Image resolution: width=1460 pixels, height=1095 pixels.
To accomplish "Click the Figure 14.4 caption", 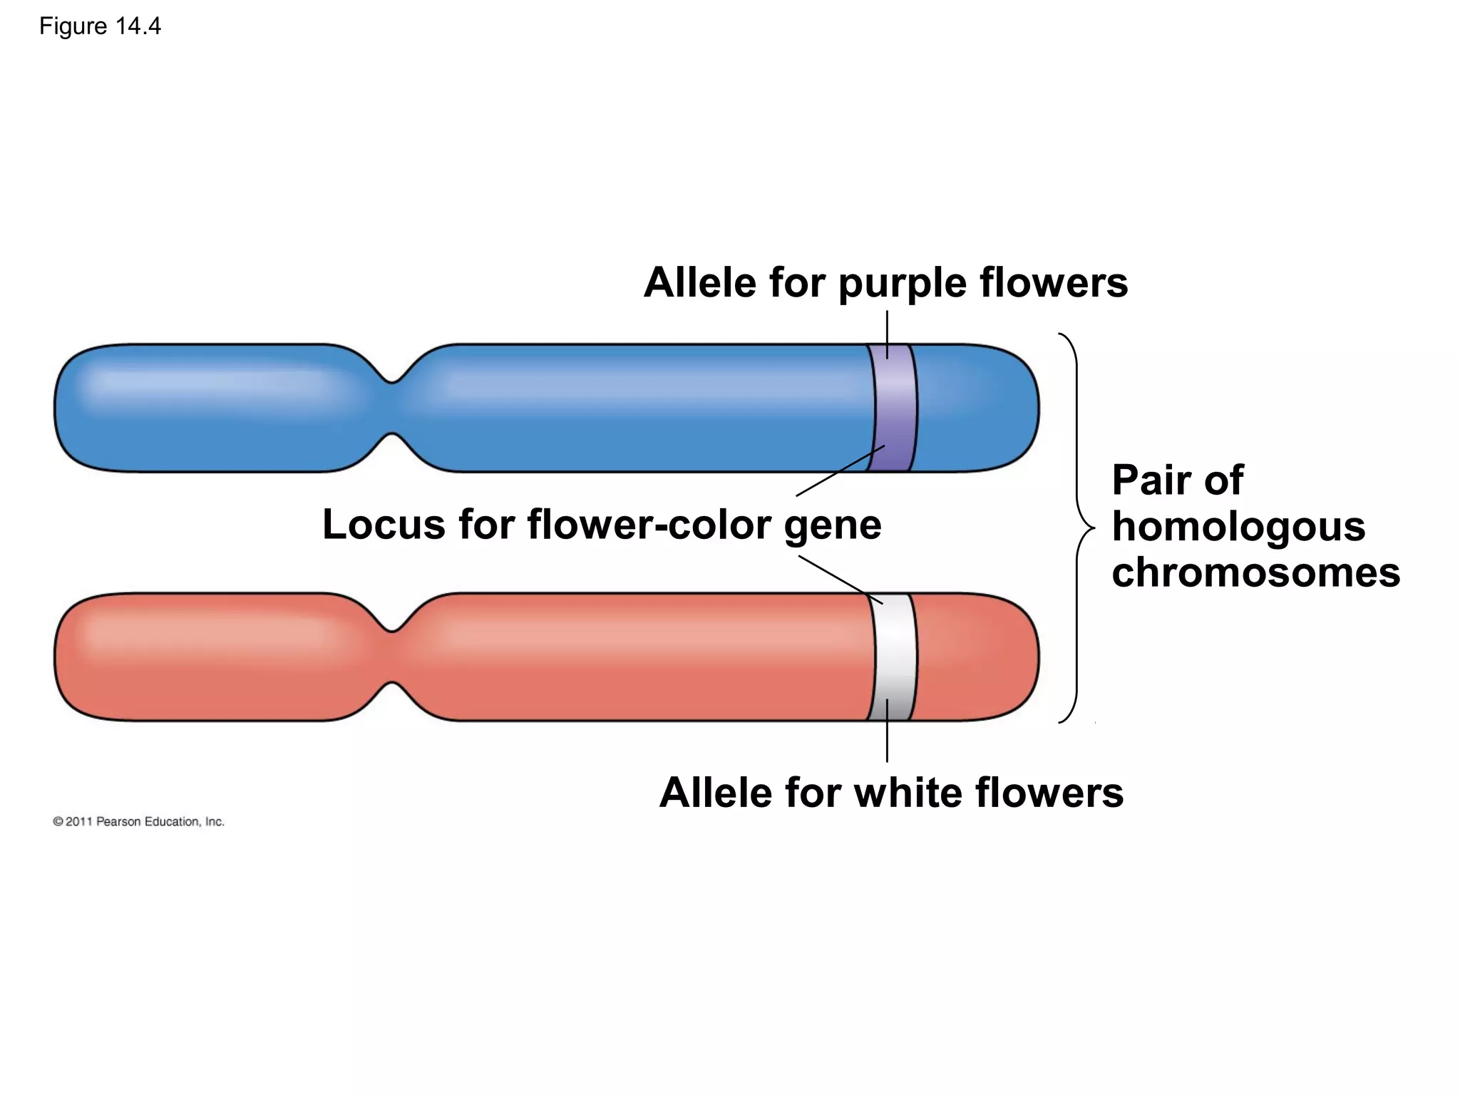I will [x=100, y=26].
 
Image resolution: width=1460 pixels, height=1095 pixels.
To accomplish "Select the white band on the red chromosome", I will [x=893, y=656].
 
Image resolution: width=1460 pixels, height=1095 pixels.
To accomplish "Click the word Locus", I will [x=384, y=525].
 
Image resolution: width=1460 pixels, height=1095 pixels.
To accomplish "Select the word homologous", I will [x=1238, y=527].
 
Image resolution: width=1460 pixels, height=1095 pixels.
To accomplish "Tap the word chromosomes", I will [x=1255, y=572].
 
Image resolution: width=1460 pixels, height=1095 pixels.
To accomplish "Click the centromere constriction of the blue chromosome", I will [x=392, y=408].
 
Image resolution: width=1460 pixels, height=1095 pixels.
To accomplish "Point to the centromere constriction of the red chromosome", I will [x=392, y=657].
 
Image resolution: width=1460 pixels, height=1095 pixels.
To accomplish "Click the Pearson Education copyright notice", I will [x=139, y=822].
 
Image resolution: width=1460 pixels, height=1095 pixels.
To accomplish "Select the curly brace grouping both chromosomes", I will [x=1077, y=528].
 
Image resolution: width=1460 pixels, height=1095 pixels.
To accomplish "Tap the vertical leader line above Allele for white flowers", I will [x=887, y=731].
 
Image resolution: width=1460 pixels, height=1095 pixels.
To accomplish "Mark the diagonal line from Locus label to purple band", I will [x=840, y=471].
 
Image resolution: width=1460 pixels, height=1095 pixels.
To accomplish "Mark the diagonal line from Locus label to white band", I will [x=840, y=580].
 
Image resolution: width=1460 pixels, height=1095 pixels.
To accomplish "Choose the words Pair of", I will [x=1177, y=480].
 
